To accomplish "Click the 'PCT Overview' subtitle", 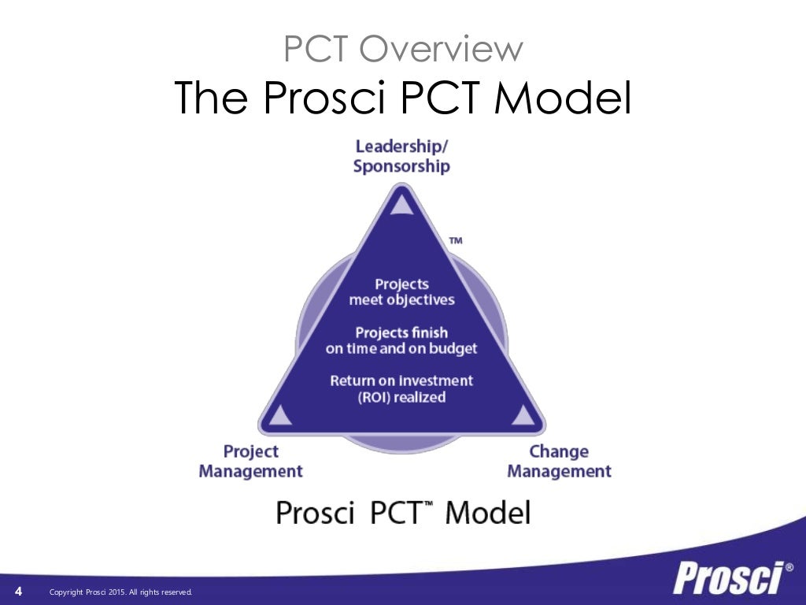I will click(403, 50).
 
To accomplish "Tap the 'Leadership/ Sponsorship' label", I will click(401, 156).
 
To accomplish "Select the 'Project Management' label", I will click(250, 462).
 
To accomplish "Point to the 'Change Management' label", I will click(559, 462).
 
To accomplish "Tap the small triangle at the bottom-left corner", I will click(282, 414).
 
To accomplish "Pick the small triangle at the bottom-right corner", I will click(522, 414).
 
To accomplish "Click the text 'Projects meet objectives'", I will click(401, 291).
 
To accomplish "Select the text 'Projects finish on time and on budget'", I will click(401, 340).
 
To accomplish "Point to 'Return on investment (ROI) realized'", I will click(401, 388).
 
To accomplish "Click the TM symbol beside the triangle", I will click(455, 240).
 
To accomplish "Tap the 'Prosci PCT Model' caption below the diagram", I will click(403, 512).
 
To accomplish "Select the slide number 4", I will click(18, 592).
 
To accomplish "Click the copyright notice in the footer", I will click(120, 592).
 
